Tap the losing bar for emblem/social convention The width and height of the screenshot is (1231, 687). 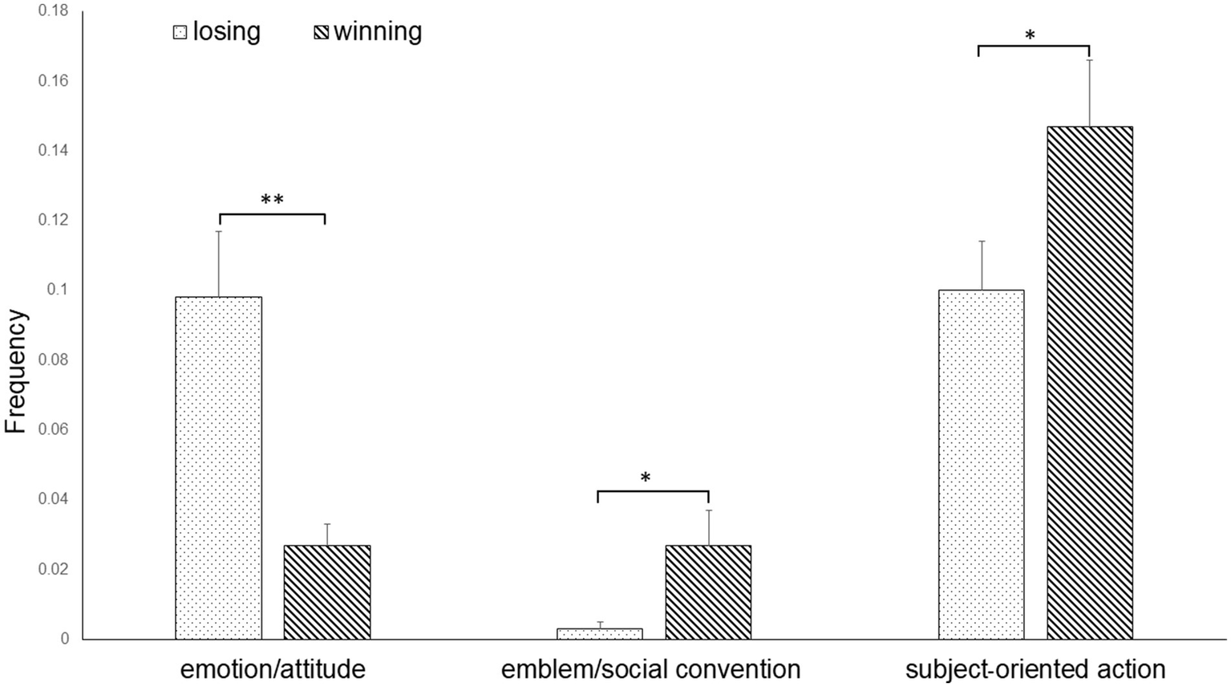[599, 634]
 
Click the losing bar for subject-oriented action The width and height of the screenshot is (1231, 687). [981, 465]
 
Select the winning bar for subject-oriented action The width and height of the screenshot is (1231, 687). [1090, 383]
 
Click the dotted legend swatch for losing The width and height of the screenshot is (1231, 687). [180, 33]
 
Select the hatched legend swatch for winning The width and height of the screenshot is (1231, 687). [321, 33]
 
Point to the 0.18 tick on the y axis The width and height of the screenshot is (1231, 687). [53, 11]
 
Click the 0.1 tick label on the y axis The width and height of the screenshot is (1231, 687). [58, 290]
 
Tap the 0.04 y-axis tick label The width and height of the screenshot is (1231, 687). [53, 499]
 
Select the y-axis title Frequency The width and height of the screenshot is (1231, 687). [16, 371]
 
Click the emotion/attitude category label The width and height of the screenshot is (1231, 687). [273, 669]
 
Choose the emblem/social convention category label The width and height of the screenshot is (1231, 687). [650, 669]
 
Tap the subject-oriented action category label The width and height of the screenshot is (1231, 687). [1035, 669]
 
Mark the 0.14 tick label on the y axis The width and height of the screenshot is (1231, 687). [53, 151]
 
